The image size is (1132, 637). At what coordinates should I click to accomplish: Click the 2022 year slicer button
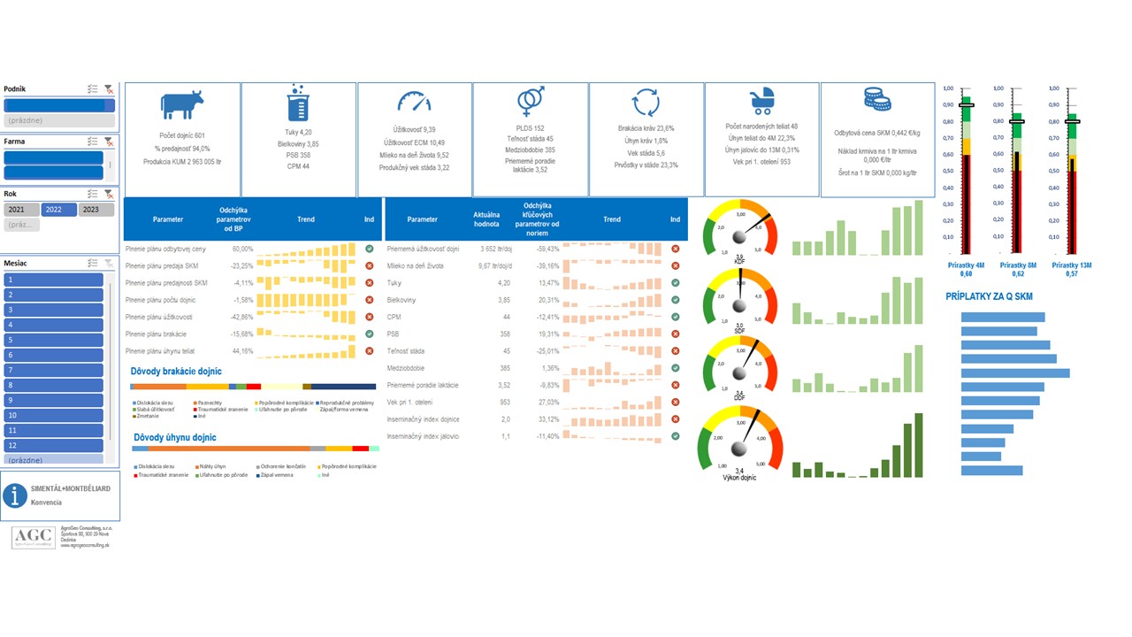coord(58,210)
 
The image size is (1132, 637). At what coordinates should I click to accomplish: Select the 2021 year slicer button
coord(21,210)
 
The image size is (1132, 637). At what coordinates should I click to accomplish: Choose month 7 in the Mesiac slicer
coord(53,370)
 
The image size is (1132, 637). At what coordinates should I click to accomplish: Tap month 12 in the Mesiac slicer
coord(53,445)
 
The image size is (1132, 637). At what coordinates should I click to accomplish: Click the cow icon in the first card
coord(182,106)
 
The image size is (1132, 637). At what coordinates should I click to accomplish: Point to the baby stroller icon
coord(761,102)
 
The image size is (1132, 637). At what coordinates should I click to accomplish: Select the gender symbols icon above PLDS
coord(531,103)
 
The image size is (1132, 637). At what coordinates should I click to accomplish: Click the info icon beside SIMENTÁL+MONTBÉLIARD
coord(15,495)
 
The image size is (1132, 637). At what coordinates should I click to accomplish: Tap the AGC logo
coord(33,537)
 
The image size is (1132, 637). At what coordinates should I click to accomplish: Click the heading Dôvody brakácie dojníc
coord(176,372)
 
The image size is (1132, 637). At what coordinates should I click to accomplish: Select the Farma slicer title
coord(13,141)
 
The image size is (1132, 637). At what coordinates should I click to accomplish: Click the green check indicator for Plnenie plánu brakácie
coord(369,334)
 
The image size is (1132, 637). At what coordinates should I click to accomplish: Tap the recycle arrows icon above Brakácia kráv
coord(646,103)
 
